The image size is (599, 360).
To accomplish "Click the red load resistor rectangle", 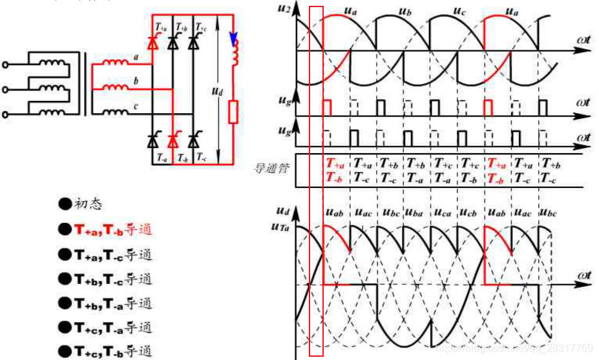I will (234, 112).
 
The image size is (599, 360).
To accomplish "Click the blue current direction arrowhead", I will (234, 38).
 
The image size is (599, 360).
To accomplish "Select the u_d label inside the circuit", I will (217, 92).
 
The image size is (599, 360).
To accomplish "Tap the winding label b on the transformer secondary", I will (136, 80).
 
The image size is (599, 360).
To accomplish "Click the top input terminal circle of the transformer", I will (6, 65).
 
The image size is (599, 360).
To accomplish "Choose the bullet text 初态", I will (88, 204).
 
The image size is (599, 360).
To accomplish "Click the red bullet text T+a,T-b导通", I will (112, 229).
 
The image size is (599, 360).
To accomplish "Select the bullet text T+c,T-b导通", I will (112, 351).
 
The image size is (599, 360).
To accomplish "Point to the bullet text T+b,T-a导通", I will (112, 302).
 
